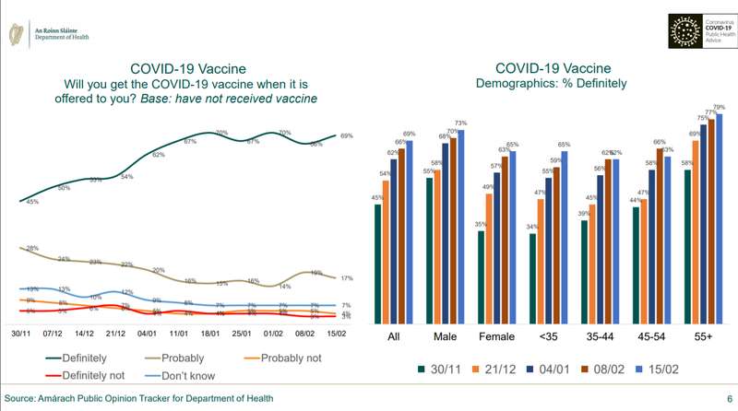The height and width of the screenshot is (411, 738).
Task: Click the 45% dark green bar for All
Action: click(x=377, y=264)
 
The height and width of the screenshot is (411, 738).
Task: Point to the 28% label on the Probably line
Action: click(x=31, y=249)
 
